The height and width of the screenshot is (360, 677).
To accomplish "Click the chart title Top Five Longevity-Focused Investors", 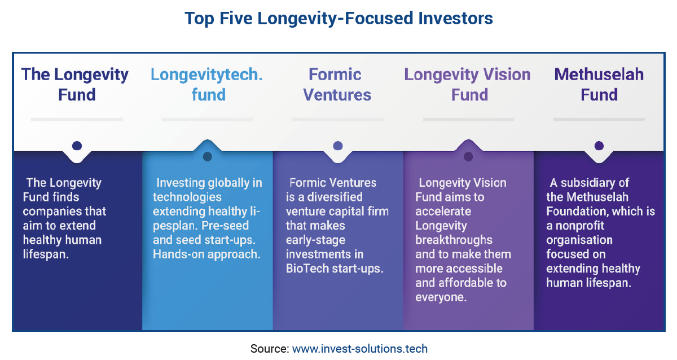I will tap(338, 18).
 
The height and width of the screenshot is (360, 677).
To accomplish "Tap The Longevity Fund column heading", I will tap(75, 84).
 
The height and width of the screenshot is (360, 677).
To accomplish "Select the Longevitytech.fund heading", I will tap(206, 84).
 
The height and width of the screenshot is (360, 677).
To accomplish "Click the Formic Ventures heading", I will tap(337, 84).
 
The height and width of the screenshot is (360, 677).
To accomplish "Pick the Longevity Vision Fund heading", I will tap(468, 84).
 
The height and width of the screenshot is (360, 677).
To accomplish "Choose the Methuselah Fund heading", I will tap(599, 84).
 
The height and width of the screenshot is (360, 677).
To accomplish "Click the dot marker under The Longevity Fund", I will tap(77, 146).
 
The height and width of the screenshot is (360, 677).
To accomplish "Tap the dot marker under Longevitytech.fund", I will tap(207, 156).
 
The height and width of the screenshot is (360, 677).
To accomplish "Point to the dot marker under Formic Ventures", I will tap(337, 146).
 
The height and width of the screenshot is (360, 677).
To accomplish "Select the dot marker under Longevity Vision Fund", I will tap(468, 156).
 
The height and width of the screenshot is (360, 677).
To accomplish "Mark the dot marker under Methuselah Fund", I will tap(599, 146).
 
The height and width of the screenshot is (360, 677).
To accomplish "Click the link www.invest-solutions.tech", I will tap(359, 349).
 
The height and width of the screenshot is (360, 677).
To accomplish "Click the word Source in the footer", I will tap(269, 349).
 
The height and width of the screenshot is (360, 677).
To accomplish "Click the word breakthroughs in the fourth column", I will tap(454, 240).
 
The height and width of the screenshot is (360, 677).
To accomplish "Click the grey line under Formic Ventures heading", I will tap(337, 120).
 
